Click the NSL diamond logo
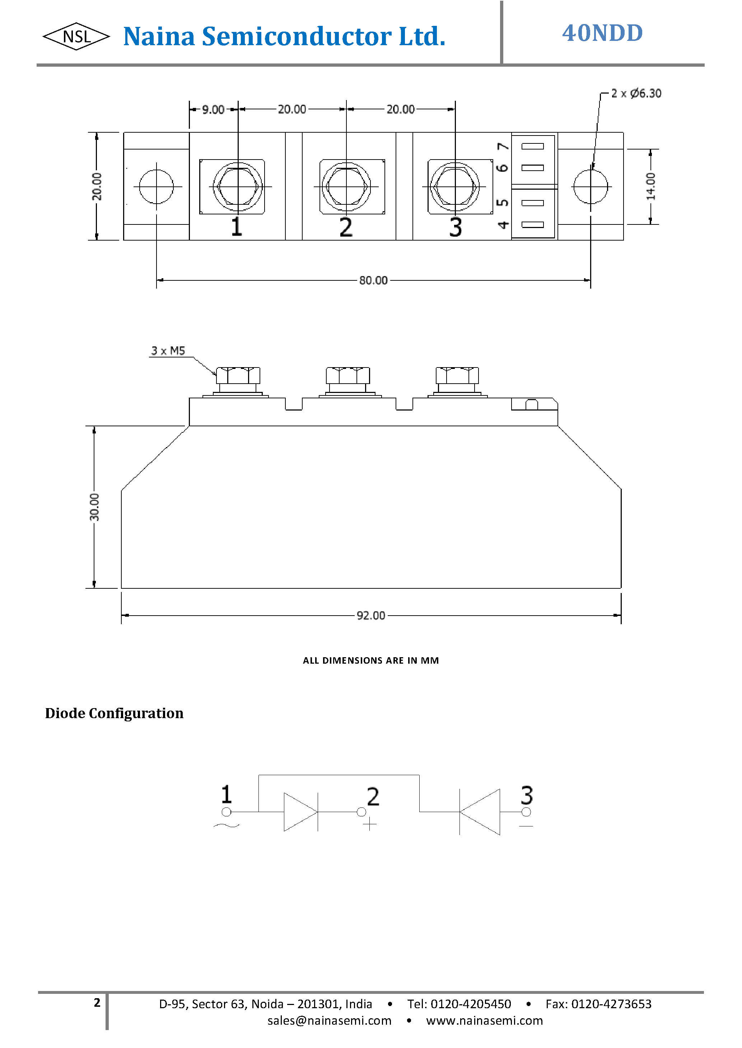click(76, 37)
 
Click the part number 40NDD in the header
click(602, 33)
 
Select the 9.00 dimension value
click(213, 110)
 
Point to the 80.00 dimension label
click(373, 280)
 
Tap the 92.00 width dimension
click(370, 615)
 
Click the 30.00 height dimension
click(94, 507)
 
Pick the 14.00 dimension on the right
click(650, 186)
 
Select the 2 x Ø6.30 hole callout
click(636, 94)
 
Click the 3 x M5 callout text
click(168, 351)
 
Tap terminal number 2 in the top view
click(346, 227)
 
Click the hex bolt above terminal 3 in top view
click(455, 186)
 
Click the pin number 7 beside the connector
click(503, 146)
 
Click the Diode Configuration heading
click(114, 713)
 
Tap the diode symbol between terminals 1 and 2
click(300, 812)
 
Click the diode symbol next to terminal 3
click(480, 812)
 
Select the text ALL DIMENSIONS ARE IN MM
click(370, 660)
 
